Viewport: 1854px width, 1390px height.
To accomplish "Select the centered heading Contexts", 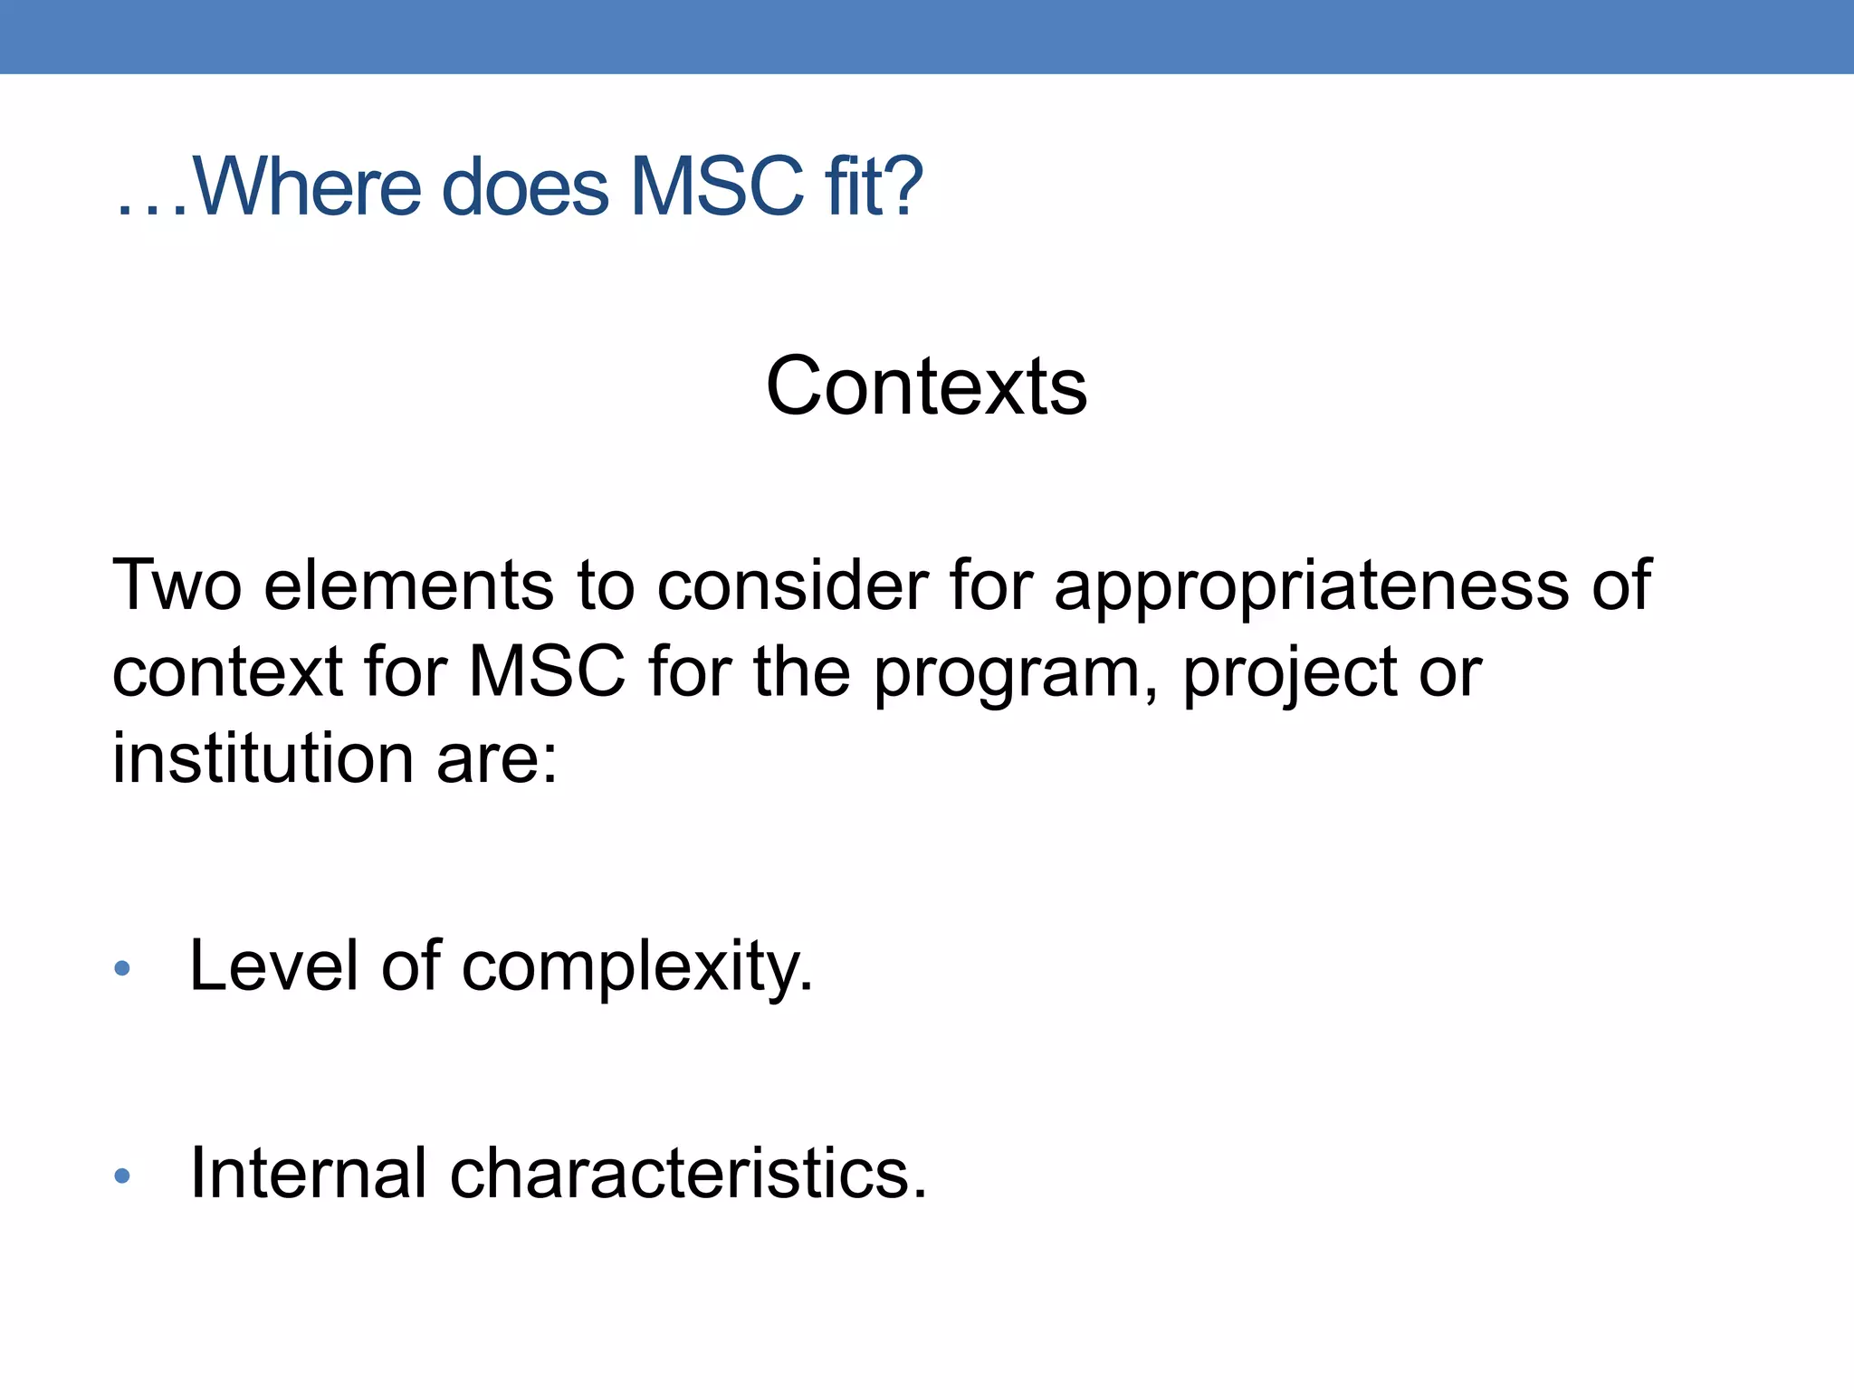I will (926, 386).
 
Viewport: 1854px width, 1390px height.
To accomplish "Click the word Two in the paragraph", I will (177, 586).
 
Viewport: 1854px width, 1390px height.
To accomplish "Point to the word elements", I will (408, 586).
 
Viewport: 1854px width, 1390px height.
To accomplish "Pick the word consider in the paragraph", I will (793, 586).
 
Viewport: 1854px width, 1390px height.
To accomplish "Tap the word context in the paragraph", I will (227, 672).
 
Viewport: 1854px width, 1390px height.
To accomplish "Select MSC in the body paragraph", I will (547, 672).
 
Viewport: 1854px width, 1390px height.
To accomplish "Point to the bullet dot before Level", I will (122, 969).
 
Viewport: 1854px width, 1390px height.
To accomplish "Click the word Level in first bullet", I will (274, 966).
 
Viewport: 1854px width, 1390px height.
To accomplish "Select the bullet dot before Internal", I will (122, 1176).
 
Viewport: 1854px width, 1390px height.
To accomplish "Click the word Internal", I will (308, 1173).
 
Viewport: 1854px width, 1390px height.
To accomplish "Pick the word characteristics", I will (688, 1173).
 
